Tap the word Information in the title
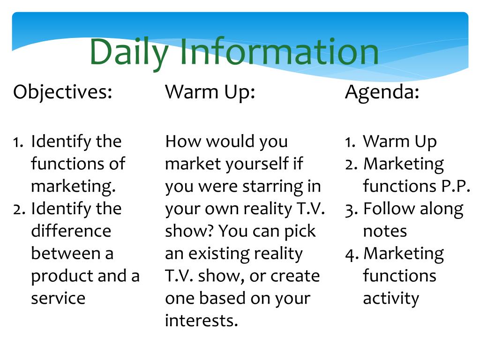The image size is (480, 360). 279,51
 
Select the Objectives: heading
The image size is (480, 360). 63,92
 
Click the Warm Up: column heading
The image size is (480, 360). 210,92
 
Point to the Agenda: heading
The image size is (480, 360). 382,92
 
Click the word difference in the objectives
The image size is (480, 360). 71,231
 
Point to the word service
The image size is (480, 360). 58,298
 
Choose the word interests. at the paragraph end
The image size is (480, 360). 202,321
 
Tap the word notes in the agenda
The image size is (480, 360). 385,232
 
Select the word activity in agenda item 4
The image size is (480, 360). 391,299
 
